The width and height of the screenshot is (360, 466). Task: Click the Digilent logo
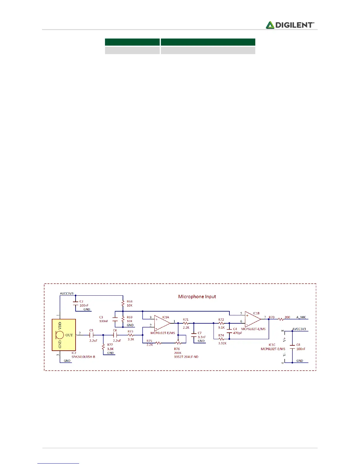tap(290, 25)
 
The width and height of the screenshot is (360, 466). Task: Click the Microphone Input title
tap(197, 297)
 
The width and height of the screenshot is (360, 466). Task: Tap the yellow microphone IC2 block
tap(64, 335)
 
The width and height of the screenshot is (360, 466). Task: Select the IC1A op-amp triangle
tap(161, 323)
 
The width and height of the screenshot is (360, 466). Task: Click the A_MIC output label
tap(301, 317)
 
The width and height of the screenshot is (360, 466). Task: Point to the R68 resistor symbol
tap(123, 303)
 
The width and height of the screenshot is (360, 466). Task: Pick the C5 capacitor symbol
tap(91, 335)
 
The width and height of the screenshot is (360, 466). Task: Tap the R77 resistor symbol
tap(103, 347)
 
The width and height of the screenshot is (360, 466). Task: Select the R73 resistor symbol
tap(131, 335)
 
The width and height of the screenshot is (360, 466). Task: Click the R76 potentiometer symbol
tap(178, 343)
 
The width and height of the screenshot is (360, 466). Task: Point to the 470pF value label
tap(237, 333)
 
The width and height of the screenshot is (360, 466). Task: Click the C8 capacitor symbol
tap(292, 347)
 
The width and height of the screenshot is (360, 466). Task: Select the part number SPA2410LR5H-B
tap(83, 357)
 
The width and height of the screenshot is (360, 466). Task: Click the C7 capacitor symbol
tap(194, 335)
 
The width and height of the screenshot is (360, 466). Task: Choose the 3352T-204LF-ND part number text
tap(186, 357)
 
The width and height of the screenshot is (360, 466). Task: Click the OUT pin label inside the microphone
tap(69, 335)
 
